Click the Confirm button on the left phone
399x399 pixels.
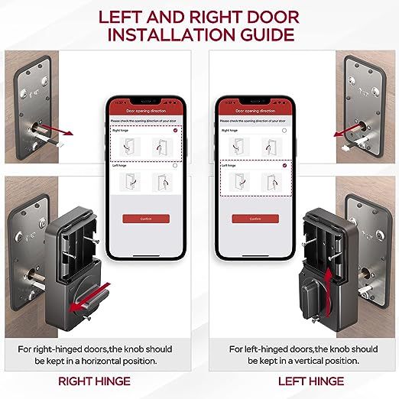pyautogui.click(x=145, y=219)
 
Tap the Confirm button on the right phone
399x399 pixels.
pyautogui.click(x=254, y=218)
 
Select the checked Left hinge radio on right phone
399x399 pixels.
pyautogui.click(x=284, y=165)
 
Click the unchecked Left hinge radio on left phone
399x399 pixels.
pyautogui.click(x=175, y=165)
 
